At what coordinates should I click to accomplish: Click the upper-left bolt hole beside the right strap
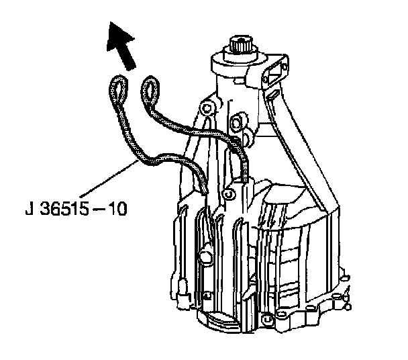[207, 107]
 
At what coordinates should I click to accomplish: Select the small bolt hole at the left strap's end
[227, 195]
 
